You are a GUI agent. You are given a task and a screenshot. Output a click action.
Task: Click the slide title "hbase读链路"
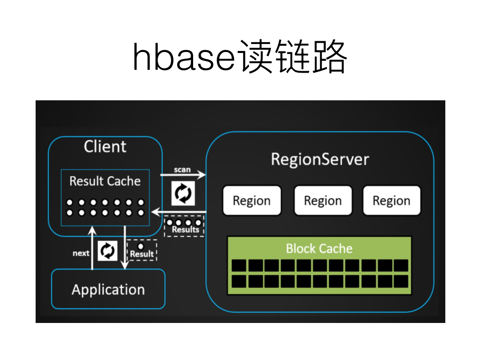pos(240,57)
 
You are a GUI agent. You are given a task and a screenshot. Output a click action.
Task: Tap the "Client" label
pos(105,147)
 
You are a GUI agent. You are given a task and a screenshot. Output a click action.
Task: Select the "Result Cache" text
pos(105,181)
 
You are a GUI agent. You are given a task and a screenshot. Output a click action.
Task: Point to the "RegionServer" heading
pos(320,159)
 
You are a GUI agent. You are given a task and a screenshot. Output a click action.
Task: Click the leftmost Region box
pos(252,201)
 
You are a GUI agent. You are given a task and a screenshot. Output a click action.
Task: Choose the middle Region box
pos(322,201)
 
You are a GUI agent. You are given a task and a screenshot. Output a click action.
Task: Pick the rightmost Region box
pos(391,201)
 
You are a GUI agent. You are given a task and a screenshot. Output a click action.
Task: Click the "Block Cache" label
pos(319,248)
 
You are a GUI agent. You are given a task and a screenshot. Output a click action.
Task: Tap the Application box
pos(108,289)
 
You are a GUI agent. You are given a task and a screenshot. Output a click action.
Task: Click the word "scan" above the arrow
pos(182,169)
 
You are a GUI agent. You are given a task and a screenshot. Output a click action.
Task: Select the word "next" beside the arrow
pos(81,253)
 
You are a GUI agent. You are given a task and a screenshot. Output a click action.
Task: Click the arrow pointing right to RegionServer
pos(183,176)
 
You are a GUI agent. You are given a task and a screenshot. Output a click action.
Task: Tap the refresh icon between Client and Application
pos(108,251)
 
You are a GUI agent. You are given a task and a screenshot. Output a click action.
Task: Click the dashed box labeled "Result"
pos(142,250)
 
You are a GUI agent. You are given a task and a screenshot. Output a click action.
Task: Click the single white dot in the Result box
pos(140,246)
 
